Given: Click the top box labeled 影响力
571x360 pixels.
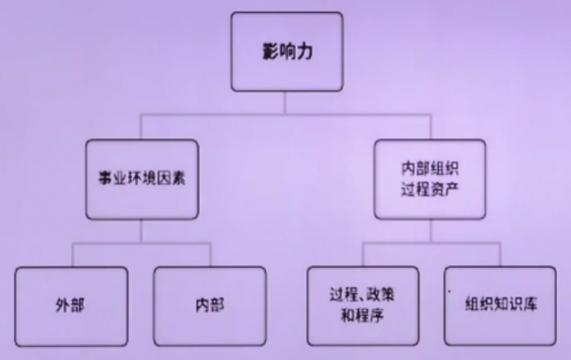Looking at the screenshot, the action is (x=287, y=51).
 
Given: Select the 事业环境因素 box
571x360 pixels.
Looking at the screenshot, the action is (x=142, y=180).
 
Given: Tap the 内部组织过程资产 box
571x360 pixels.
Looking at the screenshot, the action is (x=430, y=180).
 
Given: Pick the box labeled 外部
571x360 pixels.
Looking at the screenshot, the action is (x=72, y=306).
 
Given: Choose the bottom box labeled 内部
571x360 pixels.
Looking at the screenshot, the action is (x=210, y=306).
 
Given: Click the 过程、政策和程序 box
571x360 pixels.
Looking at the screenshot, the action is (x=363, y=306).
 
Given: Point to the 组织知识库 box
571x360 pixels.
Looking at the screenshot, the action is (x=500, y=306).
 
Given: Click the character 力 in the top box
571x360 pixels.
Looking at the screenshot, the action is (x=305, y=51).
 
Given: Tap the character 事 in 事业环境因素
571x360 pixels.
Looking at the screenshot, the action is (x=105, y=179).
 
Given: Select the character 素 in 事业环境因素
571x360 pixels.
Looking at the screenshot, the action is (x=178, y=179).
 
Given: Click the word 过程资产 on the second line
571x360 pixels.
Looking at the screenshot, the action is (x=430, y=189).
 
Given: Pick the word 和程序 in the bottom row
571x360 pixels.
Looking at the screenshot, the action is (x=362, y=316).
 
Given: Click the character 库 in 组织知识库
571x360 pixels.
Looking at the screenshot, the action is (x=530, y=304).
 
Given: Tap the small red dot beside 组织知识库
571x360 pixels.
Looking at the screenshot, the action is (x=449, y=291).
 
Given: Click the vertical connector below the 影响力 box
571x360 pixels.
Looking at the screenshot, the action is (x=285, y=103).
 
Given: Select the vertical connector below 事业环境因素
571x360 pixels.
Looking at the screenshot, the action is (x=141, y=231).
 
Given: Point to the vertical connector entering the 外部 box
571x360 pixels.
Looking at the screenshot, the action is (x=73, y=255).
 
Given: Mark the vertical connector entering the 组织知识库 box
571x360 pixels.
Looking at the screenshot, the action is (x=500, y=255).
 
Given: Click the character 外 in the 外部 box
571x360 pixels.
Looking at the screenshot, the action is (x=63, y=305).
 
